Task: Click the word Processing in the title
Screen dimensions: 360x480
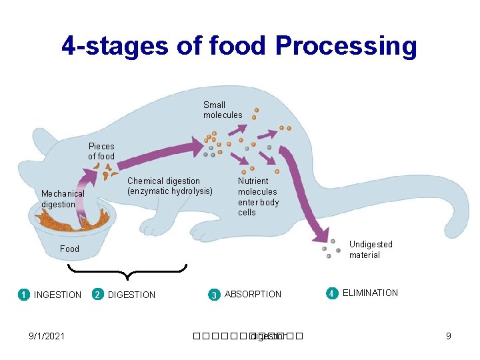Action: click(x=346, y=46)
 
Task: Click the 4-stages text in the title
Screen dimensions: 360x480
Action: click(x=117, y=46)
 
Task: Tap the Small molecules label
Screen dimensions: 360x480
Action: click(x=223, y=110)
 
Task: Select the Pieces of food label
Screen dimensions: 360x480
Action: click(x=101, y=151)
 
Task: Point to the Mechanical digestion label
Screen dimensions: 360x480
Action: click(x=63, y=199)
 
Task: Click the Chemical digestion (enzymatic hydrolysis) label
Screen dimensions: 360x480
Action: click(x=169, y=186)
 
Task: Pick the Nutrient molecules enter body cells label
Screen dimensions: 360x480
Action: click(x=258, y=196)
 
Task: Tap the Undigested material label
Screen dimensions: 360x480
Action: click(x=371, y=249)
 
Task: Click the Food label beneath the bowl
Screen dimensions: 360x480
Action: click(x=69, y=249)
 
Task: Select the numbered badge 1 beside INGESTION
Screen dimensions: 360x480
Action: click(x=23, y=295)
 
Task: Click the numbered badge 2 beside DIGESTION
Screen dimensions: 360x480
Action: click(x=97, y=295)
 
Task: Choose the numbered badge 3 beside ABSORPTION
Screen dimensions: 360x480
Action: click(x=214, y=295)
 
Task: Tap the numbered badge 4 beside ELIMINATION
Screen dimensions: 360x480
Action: click(x=331, y=293)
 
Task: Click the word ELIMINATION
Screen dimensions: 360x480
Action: click(x=370, y=293)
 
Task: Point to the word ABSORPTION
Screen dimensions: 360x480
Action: click(x=253, y=294)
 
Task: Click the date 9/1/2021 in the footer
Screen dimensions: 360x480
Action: click(x=47, y=336)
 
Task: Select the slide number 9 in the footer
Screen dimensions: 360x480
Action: click(x=449, y=336)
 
